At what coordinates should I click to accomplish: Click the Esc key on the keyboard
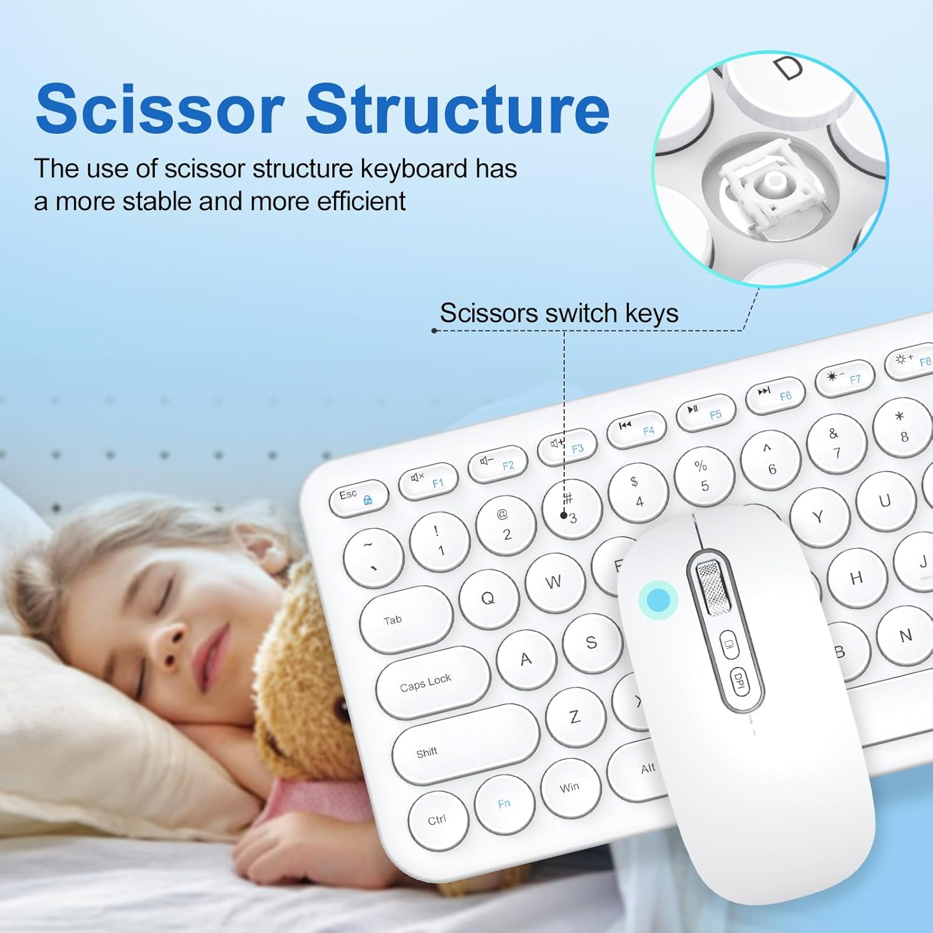pos(358,498)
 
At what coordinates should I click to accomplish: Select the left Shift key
pos(464,744)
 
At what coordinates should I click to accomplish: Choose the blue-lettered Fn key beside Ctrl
pos(504,804)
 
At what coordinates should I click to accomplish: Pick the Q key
pos(489,598)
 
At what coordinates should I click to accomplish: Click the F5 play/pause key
pos(705,412)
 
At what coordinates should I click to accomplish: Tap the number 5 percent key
pos(703,476)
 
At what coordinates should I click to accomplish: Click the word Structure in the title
pos(457,109)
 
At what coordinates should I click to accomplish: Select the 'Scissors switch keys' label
pos(559,313)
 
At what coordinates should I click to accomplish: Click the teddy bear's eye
pos(341,708)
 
